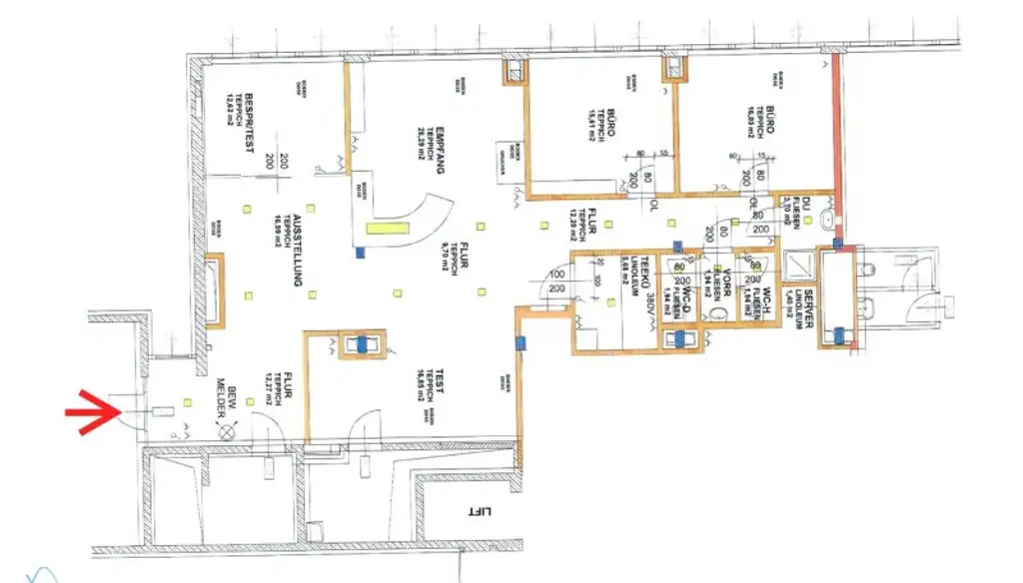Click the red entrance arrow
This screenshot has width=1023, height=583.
click(x=93, y=411)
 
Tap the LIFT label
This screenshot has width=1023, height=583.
click(x=482, y=510)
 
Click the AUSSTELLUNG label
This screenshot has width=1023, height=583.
click(x=296, y=254)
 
